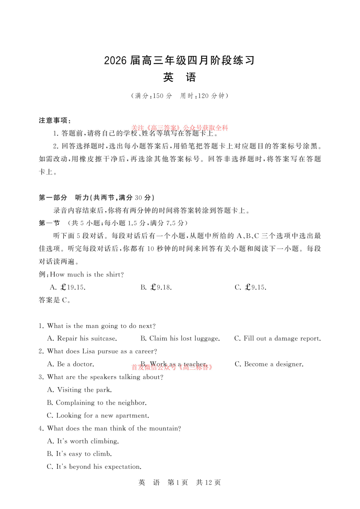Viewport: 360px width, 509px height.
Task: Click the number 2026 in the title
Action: click(x=115, y=61)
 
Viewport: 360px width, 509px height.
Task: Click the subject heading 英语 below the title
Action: click(x=179, y=77)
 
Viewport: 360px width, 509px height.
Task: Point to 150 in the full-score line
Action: click(x=158, y=96)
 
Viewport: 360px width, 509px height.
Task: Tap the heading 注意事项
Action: click(x=54, y=120)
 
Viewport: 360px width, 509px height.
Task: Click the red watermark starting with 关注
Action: click(x=180, y=128)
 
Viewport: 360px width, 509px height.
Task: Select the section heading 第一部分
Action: click(x=53, y=198)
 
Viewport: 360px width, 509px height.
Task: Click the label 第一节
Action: click(x=49, y=223)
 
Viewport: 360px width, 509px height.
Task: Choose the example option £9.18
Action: click(x=156, y=287)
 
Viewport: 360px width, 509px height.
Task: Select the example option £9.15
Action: click(x=250, y=287)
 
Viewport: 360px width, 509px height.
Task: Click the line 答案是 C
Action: click(x=55, y=300)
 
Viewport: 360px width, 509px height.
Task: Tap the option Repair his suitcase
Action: click(x=82, y=338)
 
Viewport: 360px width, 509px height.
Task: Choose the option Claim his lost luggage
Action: click(x=180, y=338)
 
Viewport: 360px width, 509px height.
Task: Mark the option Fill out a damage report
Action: click(x=277, y=338)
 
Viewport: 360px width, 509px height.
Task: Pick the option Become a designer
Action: click(x=269, y=364)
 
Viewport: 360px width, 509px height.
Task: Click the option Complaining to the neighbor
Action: click(x=97, y=403)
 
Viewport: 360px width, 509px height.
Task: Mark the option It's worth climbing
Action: click(x=83, y=441)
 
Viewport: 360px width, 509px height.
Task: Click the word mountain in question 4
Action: click(x=164, y=428)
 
